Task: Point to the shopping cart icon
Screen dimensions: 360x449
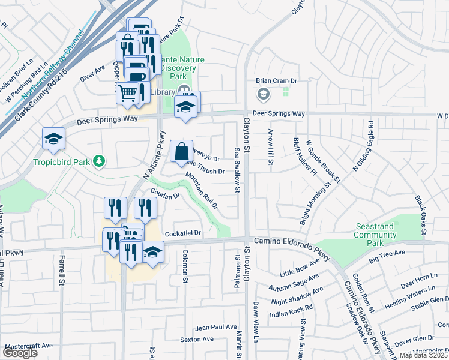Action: click(x=127, y=93)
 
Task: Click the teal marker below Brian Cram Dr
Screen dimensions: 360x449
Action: click(x=263, y=94)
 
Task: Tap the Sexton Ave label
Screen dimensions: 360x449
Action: click(x=197, y=339)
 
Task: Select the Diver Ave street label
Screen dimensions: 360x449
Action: click(x=92, y=74)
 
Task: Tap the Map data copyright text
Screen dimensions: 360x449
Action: click(x=423, y=355)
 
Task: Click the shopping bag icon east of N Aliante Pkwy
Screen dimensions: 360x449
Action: click(x=181, y=152)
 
